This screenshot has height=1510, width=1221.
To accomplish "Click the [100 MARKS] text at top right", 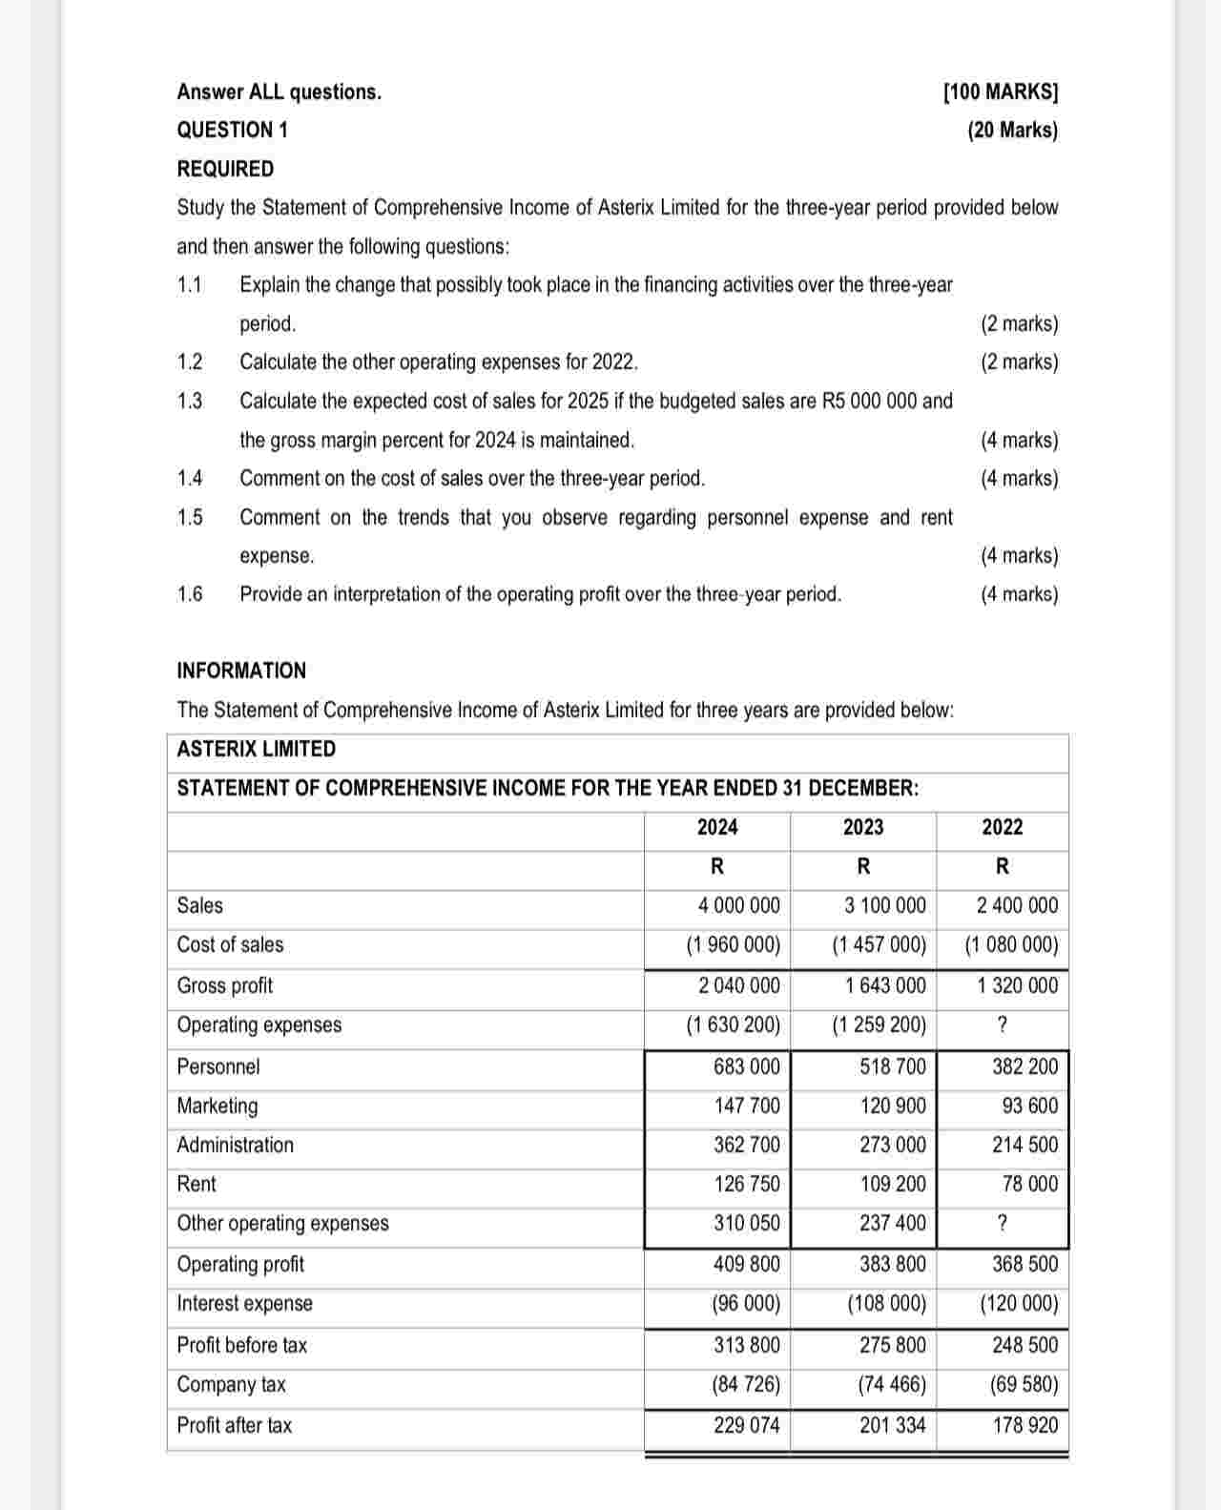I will (x=1000, y=93).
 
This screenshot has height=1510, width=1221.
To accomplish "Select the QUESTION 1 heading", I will (x=232, y=130).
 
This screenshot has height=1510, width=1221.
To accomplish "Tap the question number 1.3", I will (x=190, y=401).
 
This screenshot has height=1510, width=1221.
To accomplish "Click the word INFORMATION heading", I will (x=241, y=671).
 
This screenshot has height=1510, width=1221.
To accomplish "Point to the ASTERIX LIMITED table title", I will (x=256, y=749).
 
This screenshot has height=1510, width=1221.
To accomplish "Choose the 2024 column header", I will (x=717, y=827).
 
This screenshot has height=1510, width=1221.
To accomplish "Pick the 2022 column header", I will (x=1002, y=827).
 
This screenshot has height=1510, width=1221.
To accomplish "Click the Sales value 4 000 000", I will (x=738, y=905).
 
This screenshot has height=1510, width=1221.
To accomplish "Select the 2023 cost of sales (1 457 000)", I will (x=879, y=945).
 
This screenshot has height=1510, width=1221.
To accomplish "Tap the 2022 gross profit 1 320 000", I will (x=1017, y=985).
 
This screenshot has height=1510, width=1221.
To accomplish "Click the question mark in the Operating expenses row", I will (x=1002, y=1025).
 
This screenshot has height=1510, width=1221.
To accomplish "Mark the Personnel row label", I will (x=217, y=1066).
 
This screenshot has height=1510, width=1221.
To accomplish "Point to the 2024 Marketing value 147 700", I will (x=747, y=1106).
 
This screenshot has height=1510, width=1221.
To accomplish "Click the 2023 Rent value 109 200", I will (x=893, y=1184).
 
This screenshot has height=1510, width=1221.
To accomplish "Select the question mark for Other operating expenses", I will (x=1002, y=1223).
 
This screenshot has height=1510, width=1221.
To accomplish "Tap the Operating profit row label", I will (x=240, y=1264).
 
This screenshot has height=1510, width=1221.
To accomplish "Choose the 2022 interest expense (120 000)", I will (x=1019, y=1304).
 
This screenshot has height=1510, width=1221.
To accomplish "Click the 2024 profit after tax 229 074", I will (x=747, y=1425).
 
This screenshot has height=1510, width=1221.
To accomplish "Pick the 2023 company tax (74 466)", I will (x=892, y=1384).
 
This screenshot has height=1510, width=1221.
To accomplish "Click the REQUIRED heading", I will (x=225, y=169).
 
